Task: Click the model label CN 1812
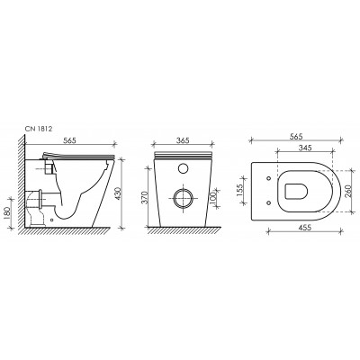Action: (x=40, y=130)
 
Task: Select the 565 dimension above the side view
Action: (x=69, y=140)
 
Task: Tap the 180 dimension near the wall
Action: (x=7, y=213)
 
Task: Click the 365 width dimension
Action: (x=183, y=140)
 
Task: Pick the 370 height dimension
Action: (x=144, y=198)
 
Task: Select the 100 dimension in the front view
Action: (x=213, y=198)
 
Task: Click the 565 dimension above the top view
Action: (x=296, y=136)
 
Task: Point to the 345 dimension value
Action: (x=305, y=148)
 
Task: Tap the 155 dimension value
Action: (x=240, y=191)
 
